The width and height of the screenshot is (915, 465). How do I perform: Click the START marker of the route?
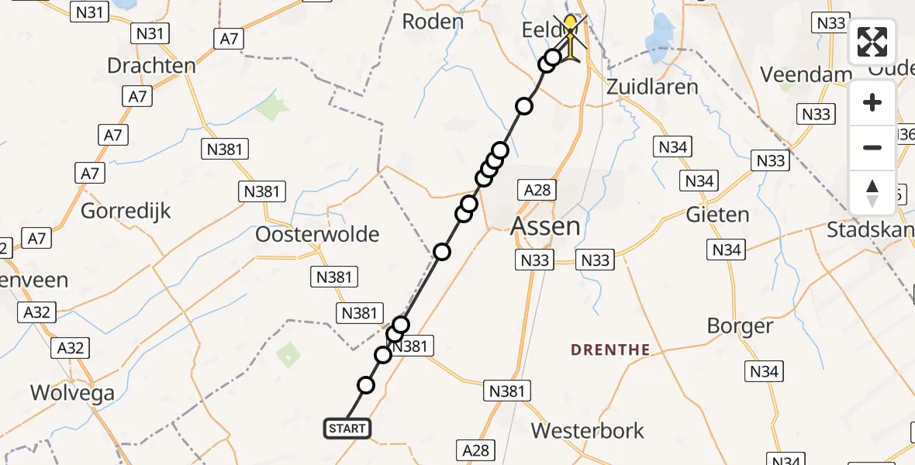347,429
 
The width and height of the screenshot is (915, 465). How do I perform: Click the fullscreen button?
872,42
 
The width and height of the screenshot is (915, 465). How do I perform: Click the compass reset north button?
872,193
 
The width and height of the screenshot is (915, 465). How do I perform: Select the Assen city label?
546,226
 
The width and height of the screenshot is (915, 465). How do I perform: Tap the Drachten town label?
151,66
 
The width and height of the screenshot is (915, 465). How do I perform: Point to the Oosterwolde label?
318,234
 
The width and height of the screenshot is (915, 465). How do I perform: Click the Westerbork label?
589,431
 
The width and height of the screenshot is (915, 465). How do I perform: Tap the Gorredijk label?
126,211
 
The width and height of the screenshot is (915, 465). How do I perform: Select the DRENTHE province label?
610,350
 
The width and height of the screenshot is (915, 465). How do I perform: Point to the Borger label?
740,326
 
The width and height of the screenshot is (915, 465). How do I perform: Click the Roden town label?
433,22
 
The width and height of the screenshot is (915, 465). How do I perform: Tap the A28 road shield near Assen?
537,191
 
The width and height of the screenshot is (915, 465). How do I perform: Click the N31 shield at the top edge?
88,11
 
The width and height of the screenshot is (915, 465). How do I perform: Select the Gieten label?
717,215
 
